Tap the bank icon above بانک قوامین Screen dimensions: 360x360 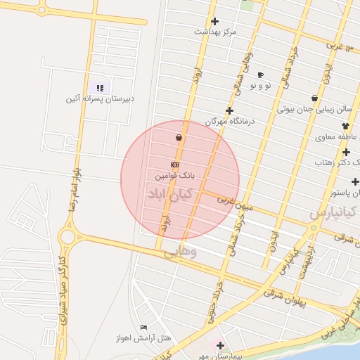tap(175, 164)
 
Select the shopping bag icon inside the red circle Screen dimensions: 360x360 tap(179, 137)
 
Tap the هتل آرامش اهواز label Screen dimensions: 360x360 tap(143, 338)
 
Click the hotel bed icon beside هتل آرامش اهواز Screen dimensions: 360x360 tap(143, 328)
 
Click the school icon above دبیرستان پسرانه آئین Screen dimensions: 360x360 tap(100, 88)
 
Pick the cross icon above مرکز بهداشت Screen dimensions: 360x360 tap(214, 21)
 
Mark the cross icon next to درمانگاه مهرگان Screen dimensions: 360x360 tap(229, 110)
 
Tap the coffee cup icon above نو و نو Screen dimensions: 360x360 tap(260, 75)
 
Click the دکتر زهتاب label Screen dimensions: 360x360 tap(337, 162)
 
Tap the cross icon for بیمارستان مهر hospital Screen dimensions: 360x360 tap(220, 345)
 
